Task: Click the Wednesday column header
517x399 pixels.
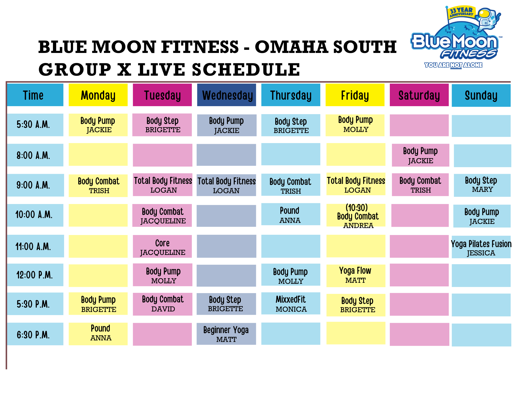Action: [x=226, y=95]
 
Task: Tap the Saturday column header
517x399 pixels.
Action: [x=419, y=95]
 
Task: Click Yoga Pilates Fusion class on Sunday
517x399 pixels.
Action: [x=481, y=247]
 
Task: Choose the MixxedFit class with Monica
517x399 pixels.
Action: [x=291, y=303]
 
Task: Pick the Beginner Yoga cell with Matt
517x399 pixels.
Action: [x=226, y=334]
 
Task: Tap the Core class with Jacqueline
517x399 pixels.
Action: [x=162, y=246]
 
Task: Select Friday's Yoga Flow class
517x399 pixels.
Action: [x=356, y=276]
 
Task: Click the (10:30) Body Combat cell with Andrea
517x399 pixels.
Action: [x=356, y=216]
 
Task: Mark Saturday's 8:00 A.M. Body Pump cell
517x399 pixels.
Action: [x=420, y=155]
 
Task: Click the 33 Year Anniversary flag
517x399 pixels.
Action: [x=461, y=12]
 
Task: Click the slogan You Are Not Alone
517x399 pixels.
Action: [x=453, y=65]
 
